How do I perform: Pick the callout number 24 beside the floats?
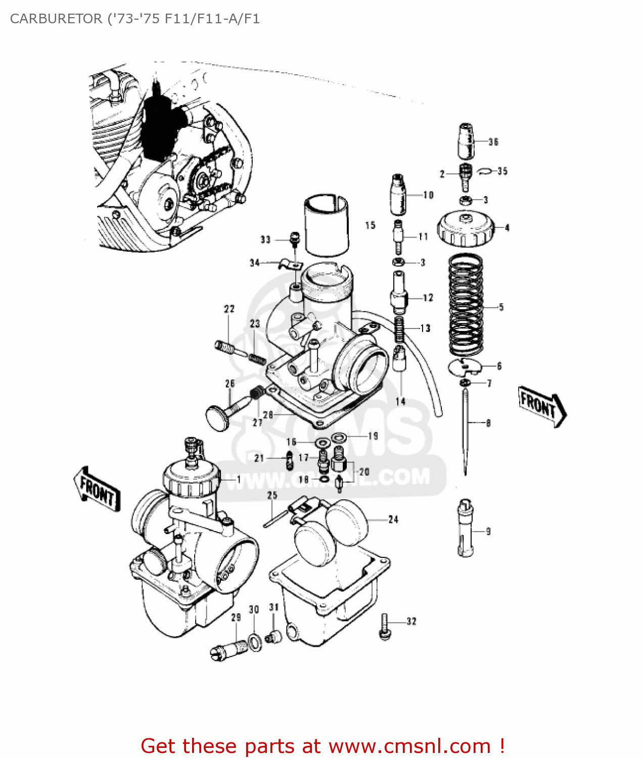pos(393,519)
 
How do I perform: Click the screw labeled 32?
pos(385,627)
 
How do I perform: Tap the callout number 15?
pos(371,225)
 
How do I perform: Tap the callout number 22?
pos(229,309)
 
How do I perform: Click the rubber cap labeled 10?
pos(399,195)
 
